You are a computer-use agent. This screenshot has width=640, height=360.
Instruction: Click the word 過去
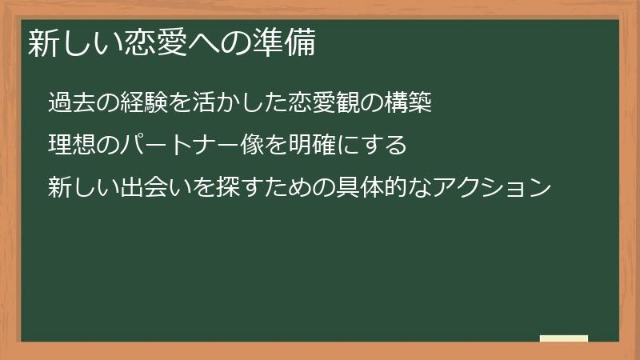71,104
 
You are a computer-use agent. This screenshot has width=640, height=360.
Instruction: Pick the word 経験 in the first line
144,104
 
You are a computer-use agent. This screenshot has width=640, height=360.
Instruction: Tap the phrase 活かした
241,104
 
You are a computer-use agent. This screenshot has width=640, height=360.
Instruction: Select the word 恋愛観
325,104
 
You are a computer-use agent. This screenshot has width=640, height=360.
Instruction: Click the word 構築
409,104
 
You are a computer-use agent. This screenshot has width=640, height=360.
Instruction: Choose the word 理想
71,146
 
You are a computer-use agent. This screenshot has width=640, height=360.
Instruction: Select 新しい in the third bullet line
83,189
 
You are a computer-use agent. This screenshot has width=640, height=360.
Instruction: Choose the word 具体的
372,189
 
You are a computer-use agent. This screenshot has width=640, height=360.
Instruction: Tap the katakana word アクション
492,189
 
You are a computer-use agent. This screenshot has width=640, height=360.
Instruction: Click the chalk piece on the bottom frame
564,338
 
